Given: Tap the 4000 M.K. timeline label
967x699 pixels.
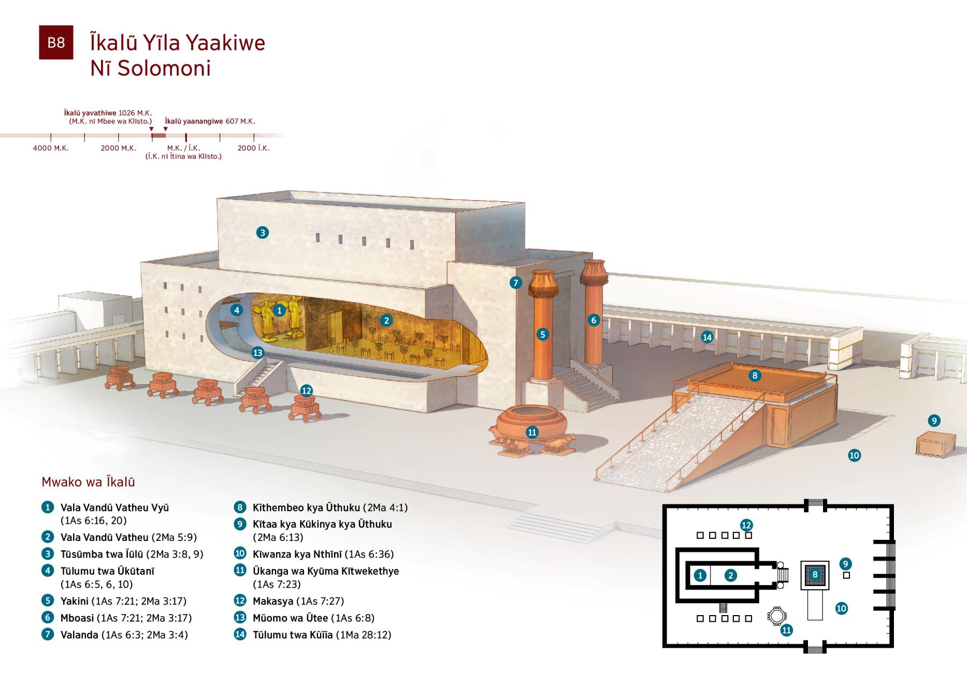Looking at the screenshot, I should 51,148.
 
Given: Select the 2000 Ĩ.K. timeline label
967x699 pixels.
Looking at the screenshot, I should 254,148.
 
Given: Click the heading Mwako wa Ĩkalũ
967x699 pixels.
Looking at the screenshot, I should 88,482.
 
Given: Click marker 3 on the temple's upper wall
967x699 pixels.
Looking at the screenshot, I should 262,232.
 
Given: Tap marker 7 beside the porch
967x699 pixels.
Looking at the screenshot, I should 515,283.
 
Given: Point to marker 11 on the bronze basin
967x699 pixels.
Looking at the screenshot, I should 532,432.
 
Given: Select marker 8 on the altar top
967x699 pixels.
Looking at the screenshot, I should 755,375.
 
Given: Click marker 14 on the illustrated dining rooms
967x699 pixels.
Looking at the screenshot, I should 707,337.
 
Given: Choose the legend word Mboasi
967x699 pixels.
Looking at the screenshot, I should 77,618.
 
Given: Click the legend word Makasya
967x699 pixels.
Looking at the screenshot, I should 273,601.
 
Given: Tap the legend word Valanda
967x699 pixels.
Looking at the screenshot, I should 79,634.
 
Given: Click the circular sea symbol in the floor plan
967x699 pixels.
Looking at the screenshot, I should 775,616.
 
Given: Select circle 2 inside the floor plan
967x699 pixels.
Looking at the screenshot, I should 730,575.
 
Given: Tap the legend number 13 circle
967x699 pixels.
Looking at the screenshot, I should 240,618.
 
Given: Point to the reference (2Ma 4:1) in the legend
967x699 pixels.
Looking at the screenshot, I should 385,508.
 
